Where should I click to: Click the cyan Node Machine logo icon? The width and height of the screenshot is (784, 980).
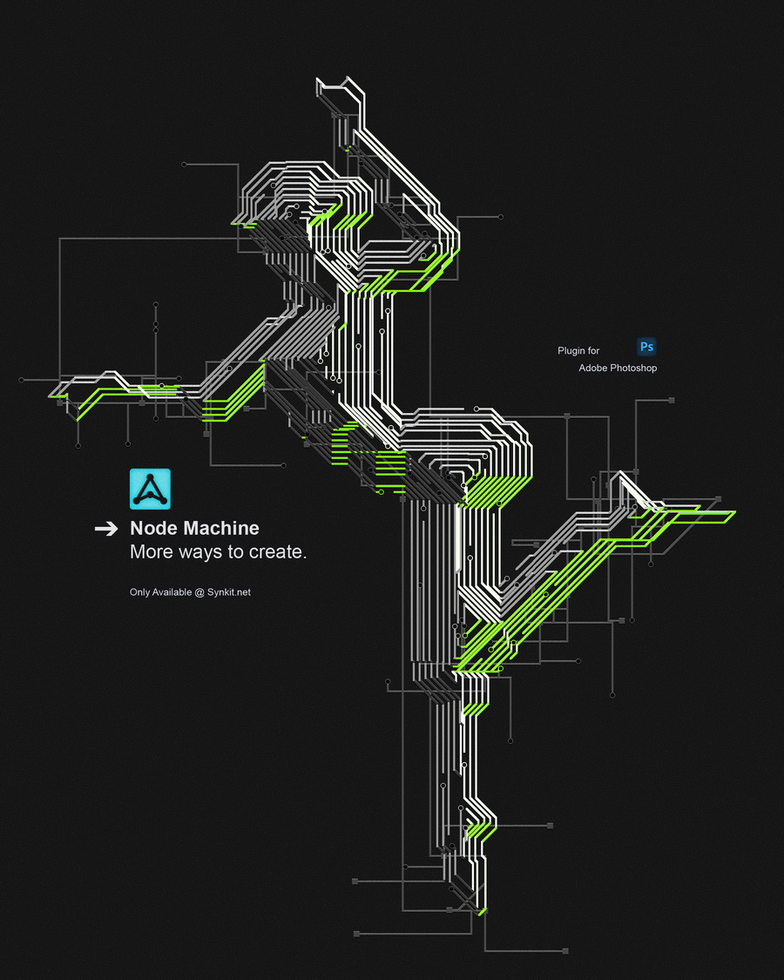(150, 489)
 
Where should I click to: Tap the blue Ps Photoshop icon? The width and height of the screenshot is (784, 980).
(646, 346)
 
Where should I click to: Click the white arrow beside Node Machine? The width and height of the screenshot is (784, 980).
(106, 529)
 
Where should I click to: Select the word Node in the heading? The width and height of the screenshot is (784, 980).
(154, 528)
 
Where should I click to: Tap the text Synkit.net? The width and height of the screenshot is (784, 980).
(229, 591)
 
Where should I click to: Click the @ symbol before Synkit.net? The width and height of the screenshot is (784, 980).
(199, 592)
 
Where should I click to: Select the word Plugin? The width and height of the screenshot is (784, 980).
(571, 351)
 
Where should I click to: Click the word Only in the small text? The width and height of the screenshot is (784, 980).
(139, 591)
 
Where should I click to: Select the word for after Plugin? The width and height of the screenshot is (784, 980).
(592, 351)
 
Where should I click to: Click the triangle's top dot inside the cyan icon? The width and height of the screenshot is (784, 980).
(150, 477)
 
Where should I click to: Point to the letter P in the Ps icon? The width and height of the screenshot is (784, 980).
(644, 346)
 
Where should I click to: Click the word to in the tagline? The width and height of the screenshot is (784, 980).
(235, 552)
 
